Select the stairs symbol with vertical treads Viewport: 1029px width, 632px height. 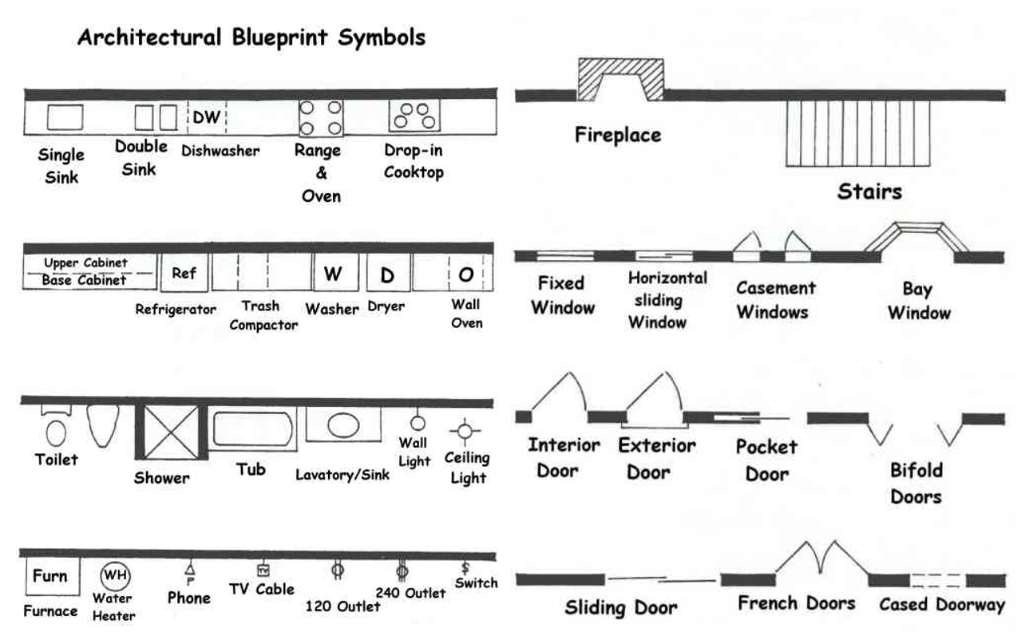click(x=858, y=133)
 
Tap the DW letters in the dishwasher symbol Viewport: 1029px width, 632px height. click(x=207, y=117)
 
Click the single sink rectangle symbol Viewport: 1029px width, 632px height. click(x=65, y=117)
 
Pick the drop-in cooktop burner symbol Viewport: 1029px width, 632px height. click(x=414, y=115)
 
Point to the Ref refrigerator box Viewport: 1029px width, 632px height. click(x=184, y=273)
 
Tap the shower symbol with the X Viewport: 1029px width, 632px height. click(x=171, y=433)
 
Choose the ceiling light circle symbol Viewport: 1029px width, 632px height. click(x=465, y=431)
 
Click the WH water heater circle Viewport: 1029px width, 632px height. click(x=115, y=575)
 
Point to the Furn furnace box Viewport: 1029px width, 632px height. click(x=53, y=576)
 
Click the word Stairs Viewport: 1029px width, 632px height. click(x=869, y=192)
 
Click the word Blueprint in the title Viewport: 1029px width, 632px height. click(x=279, y=38)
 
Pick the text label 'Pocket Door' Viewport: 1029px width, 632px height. click(x=766, y=460)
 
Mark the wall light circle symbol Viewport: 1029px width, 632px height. click(x=418, y=423)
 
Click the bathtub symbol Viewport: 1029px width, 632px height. click(x=252, y=429)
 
